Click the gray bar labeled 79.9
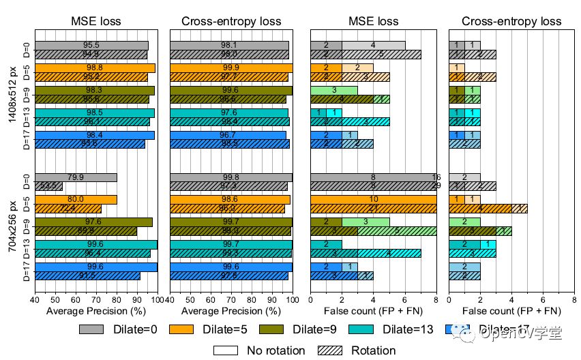[76, 177]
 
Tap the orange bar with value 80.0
[76, 199]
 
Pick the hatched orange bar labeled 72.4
[68, 208]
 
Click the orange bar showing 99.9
[230, 67]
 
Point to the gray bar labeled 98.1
[228, 46]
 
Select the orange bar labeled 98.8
[95, 67]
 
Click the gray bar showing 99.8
[230, 177]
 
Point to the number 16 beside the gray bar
[436, 177]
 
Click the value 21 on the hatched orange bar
[373, 208]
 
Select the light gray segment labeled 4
[373, 46]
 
